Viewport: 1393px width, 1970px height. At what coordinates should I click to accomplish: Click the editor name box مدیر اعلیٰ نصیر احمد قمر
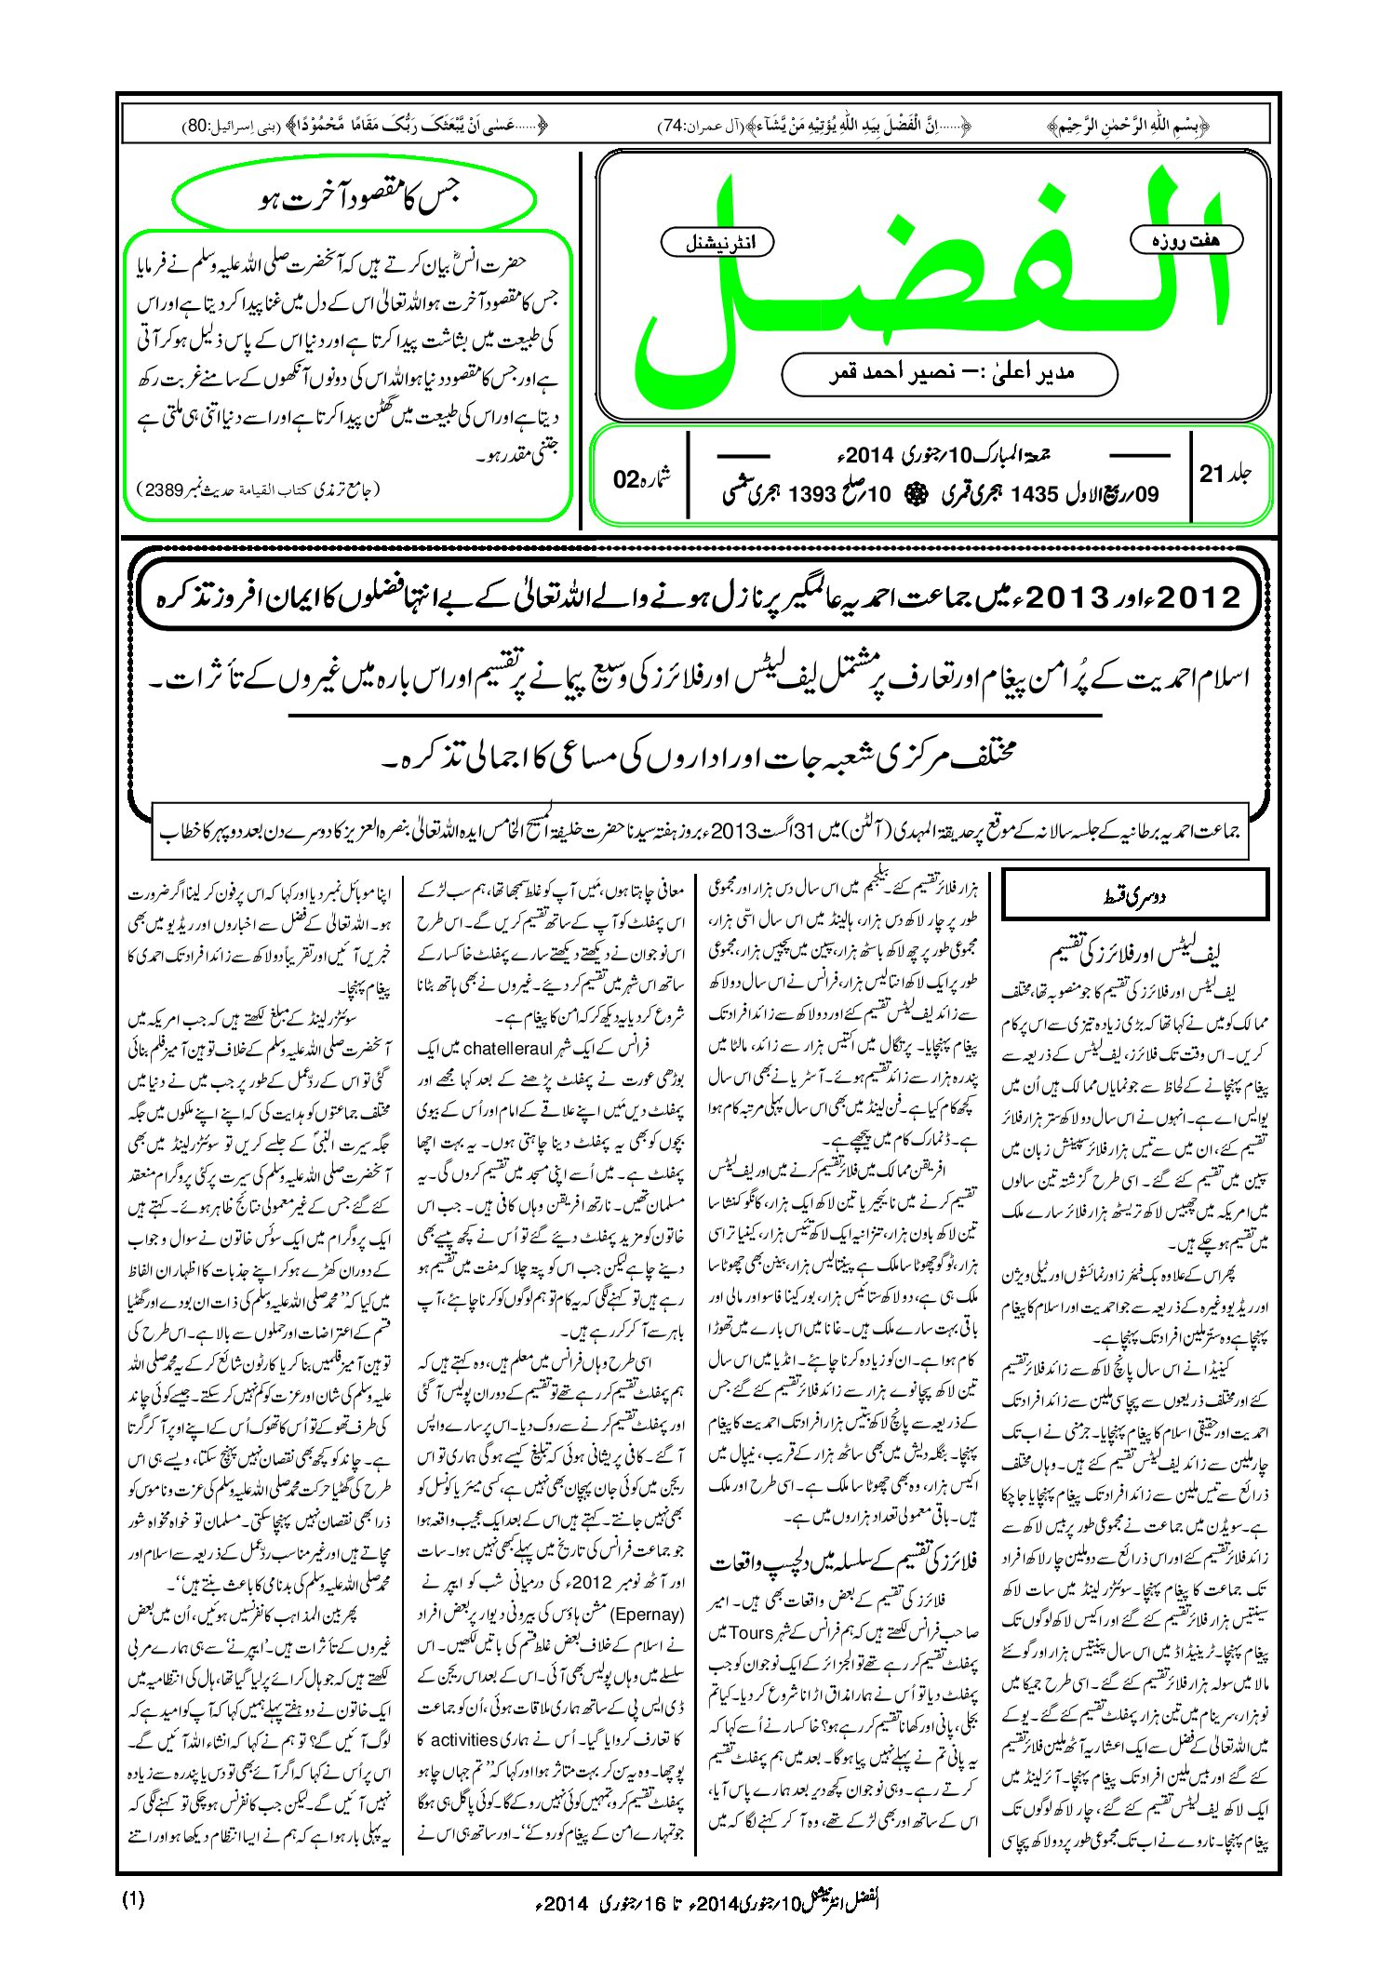click(949, 373)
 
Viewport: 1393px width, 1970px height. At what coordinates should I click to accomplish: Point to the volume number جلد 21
click(1226, 475)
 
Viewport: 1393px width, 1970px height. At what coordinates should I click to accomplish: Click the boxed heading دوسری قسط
click(1134, 896)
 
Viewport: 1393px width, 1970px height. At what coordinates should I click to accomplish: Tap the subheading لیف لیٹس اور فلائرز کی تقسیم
click(1135, 954)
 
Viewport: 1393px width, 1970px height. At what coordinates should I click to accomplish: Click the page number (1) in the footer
click(133, 1898)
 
